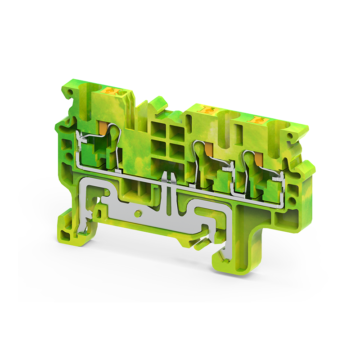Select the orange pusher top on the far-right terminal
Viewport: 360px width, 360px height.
tap(257, 120)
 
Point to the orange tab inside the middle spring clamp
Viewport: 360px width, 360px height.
tap(208, 149)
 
